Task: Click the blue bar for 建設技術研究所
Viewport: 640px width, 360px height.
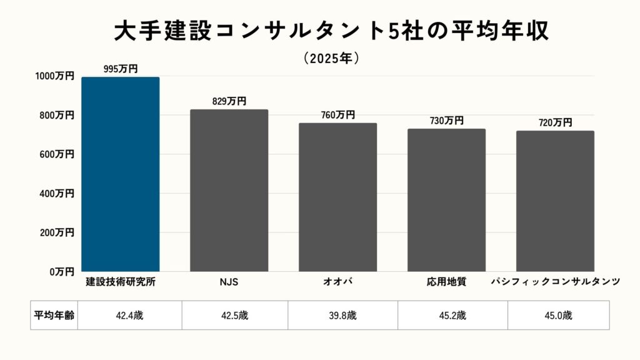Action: click(x=121, y=174)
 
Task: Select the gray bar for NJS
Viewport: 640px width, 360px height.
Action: click(x=229, y=191)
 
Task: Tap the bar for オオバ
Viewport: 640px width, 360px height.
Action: click(x=337, y=197)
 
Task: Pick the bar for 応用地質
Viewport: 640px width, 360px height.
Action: click(x=446, y=200)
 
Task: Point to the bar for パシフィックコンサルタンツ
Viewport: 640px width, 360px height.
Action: click(x=555, y=201)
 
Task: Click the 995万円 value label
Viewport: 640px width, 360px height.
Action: click(x=121, y=69)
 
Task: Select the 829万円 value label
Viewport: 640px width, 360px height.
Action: click(x=229, y=101)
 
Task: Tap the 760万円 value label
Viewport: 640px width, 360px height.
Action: click(x=337, y=115)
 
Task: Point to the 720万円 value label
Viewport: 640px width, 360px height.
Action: click(x=555, y=122)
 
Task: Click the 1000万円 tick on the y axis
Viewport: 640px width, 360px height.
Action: click(x=55, y=76)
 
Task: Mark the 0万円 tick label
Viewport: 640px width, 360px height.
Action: click(x=61, y=272)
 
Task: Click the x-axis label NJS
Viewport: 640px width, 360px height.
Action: click(x=229, y=282)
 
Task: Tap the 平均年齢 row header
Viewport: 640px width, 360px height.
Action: click(x=54, y=315)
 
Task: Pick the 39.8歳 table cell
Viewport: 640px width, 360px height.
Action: click(x=342, y=315)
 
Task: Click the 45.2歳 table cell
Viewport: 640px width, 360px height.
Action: click(x=452, y=315)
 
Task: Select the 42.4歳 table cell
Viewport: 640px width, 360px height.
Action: click(x=129, y=315)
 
